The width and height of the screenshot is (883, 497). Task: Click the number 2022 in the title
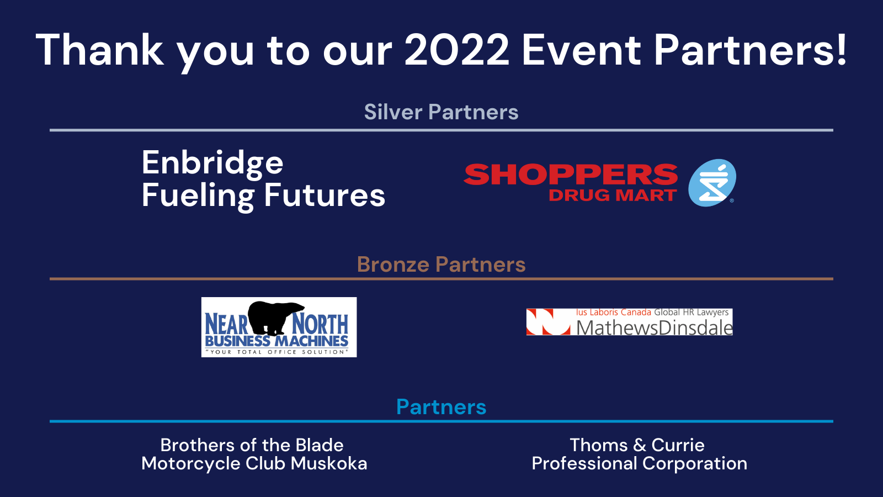click(457, 50)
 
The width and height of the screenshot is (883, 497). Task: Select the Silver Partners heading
click(441, 112)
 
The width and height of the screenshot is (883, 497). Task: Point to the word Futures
click(325, 195)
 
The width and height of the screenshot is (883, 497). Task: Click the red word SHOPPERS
click(571, 175)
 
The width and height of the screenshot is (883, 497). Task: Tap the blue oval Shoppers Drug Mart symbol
click(712, 183)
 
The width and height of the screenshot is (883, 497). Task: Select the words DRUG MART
click(613, 195)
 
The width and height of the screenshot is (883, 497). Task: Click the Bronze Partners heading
click(441, 265)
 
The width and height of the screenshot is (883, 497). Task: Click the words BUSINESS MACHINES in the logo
click(276, 341)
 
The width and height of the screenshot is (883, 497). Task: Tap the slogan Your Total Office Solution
click(276, 352)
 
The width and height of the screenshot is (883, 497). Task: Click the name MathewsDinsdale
click(655, 328)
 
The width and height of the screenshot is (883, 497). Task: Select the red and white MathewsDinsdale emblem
click(549, 322)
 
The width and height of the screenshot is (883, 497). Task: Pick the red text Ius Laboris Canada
click(613, 313)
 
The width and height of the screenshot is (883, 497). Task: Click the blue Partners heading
click(441, 406)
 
